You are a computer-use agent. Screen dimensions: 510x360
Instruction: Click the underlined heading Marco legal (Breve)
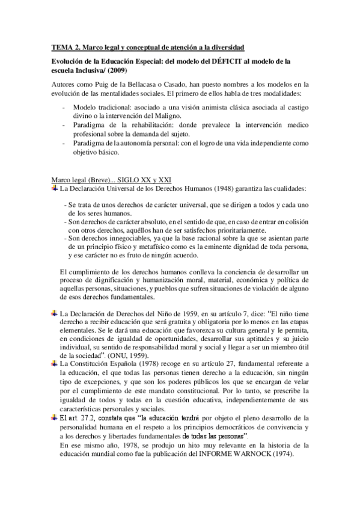(x=76, y=180)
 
